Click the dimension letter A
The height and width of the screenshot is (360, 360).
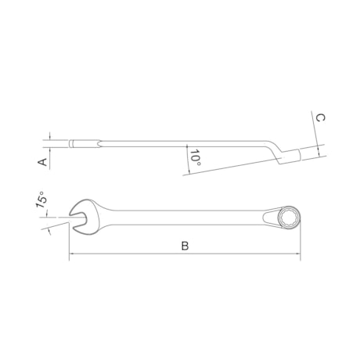click(42, 162)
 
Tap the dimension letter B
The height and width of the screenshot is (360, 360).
click(185, 246)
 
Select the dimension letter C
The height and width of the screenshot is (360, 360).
click(320, 117)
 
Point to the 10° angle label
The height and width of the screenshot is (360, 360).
click(196, 158)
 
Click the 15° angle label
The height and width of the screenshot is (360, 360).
click(41, 200)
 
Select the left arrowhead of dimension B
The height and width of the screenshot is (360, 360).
click(71, 254)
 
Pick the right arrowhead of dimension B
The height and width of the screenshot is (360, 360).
click(297, 254)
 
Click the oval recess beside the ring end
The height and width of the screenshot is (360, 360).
click(271, 218)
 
